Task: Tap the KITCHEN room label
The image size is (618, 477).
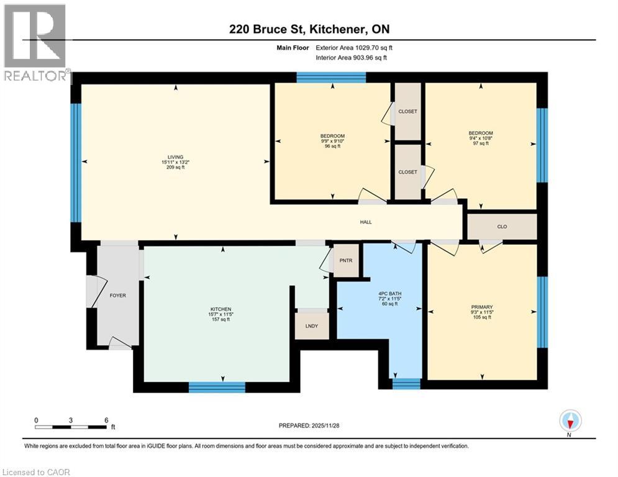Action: point(221,309)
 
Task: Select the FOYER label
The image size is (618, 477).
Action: point(117,295)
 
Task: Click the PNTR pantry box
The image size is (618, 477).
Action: point(347,260)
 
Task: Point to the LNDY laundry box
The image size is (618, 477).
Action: point(312,326)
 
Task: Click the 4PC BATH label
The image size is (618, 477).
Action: point(378,298)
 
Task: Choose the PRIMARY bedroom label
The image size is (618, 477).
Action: point(482,307)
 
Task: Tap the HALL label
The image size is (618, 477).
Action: point(366,222)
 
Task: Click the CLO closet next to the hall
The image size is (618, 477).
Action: point(502,227)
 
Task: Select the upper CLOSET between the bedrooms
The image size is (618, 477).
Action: point(407,112)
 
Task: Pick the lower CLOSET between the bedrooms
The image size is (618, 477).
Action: point(407,172)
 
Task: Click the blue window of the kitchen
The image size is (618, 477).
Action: point(217,388)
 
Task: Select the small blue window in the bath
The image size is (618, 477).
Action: point(407,383)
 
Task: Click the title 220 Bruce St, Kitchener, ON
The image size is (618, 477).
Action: point(308,29)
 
